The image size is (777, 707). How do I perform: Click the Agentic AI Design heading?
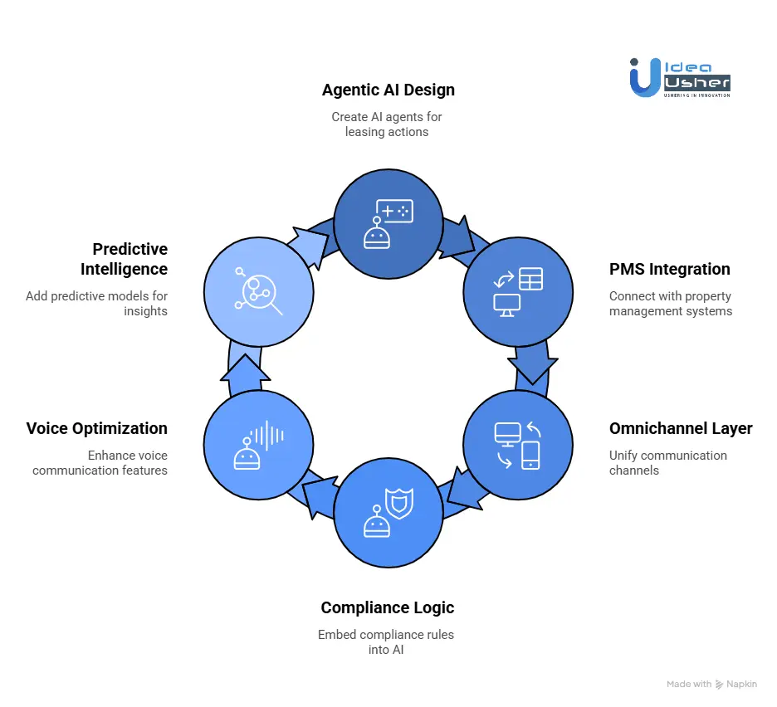point(388,90)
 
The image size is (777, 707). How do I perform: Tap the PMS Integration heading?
point(669,269)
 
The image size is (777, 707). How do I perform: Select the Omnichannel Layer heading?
point(681,428)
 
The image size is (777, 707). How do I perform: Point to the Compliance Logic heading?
point(388,607)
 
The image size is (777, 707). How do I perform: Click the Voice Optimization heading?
point(97,428)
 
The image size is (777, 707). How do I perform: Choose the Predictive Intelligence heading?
point(125,259)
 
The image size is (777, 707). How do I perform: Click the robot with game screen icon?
point(388,223)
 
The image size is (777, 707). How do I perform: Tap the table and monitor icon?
point(518,290)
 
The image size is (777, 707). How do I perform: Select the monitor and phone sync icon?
point(518,444)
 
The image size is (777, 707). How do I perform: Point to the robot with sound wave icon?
point(258,444)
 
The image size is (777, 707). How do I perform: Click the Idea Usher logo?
point(680,77)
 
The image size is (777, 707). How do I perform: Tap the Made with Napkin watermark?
point(712,685)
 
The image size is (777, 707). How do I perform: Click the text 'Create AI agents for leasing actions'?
point(387,124)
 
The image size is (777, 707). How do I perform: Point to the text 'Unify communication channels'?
point(667,463)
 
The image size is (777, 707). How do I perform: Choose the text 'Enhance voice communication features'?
point(100,463)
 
